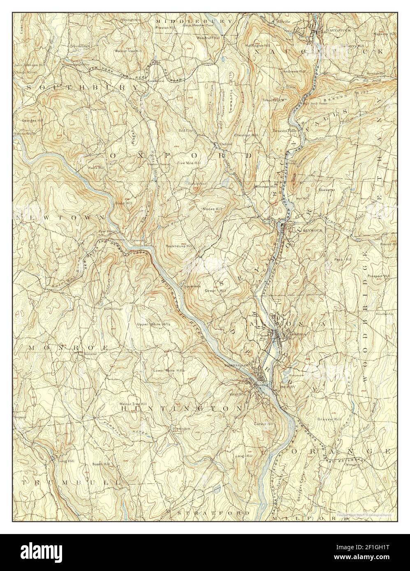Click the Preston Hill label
point(165,28)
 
